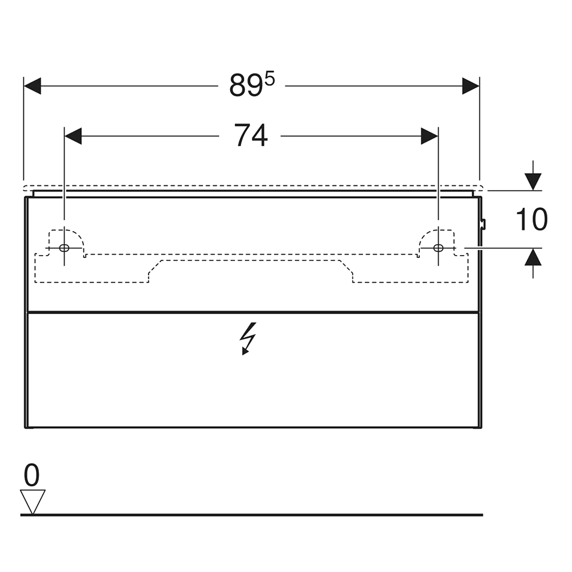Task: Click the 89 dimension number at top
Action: click(x=247, y=86)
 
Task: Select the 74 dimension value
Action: click(x=251, y=136)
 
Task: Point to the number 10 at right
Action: click(x=531, y=220)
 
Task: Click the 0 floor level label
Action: click(x=31, y=475)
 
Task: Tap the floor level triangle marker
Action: click(x=33, y=502)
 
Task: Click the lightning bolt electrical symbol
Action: click(x=248, y=339)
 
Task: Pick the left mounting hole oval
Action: click(x=64, y=248)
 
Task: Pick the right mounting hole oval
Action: click(x=438, y=248)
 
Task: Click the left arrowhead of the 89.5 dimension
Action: click(x=32, y=86)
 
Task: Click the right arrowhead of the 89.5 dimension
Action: click(x=471, y=86)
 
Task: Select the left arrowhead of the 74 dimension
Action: click(x=73, y=136)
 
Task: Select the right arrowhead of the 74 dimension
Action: click(x=430, y=136)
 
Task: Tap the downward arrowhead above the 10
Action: click(x=533, y=182)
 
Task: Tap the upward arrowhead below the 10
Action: click(x=533, y=256)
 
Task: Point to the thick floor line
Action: click(x=252, y=515)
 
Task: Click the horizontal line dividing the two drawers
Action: click(x=253, y=312)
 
